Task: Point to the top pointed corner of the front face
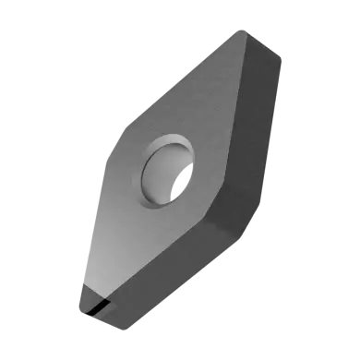click(242, 34)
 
